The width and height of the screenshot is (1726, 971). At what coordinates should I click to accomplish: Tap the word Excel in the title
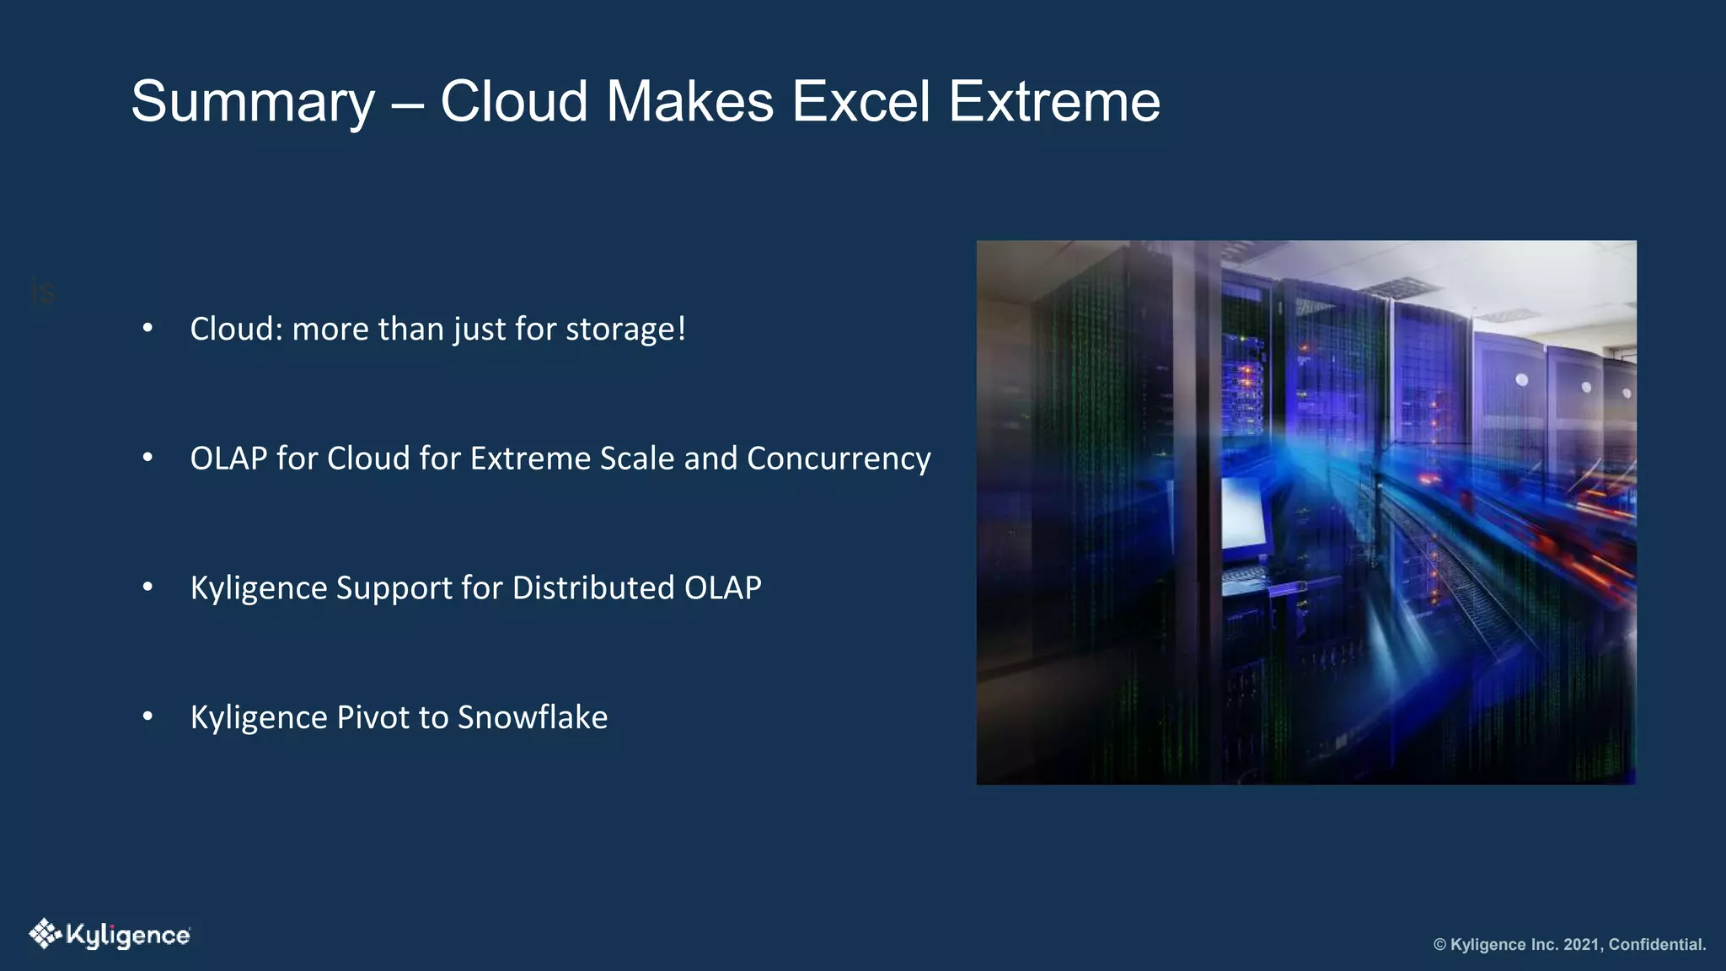[x=860, y=101]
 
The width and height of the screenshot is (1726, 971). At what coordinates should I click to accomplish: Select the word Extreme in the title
[x=1054, y=101]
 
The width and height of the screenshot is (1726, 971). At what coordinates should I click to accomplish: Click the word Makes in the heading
[x=689, y=101]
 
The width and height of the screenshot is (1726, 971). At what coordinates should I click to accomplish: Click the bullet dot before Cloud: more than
[x=148, y=328]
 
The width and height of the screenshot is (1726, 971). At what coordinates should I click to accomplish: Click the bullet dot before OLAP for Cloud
[x=148, y=458]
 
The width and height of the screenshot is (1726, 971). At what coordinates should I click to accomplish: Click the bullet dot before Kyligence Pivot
[x=148, y=716]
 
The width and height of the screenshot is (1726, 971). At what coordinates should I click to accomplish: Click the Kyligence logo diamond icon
[x=45, y=934]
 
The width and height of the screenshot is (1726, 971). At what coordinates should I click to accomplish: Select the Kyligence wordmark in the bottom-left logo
[x=128, y=936]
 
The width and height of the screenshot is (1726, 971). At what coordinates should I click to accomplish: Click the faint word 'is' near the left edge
[x=43, y=292]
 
